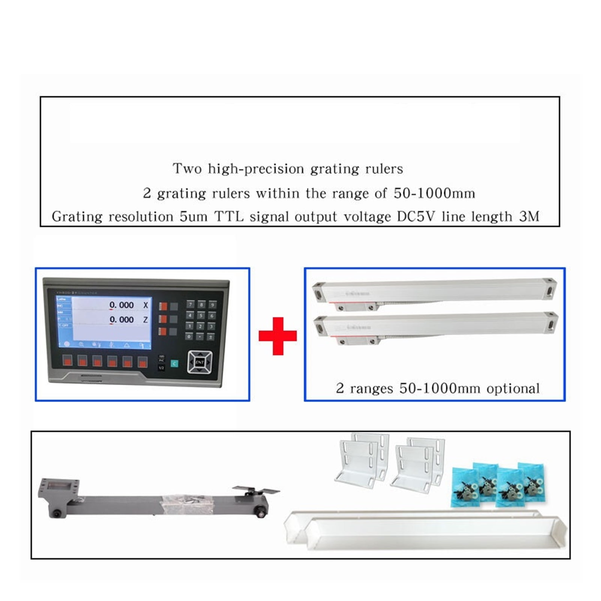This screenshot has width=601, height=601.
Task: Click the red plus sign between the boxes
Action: coord(277,336)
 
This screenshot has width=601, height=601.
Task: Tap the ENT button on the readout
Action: coord(200,362)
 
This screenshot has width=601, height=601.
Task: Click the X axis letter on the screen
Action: coord(146,305)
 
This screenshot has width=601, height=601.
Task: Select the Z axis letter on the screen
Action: coord(146,320)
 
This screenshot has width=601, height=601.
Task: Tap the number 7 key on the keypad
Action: coord(190,304)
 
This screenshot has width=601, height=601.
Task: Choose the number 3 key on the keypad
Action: coord(212,326)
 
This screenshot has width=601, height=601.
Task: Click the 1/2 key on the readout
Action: coord(161,368)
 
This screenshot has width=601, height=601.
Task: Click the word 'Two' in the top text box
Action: coord(187,169)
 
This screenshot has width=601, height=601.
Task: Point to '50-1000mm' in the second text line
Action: coord(434,193)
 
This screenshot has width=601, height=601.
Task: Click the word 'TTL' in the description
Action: coord(229,217)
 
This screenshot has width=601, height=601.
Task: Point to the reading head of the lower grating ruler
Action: coord(357,340)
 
